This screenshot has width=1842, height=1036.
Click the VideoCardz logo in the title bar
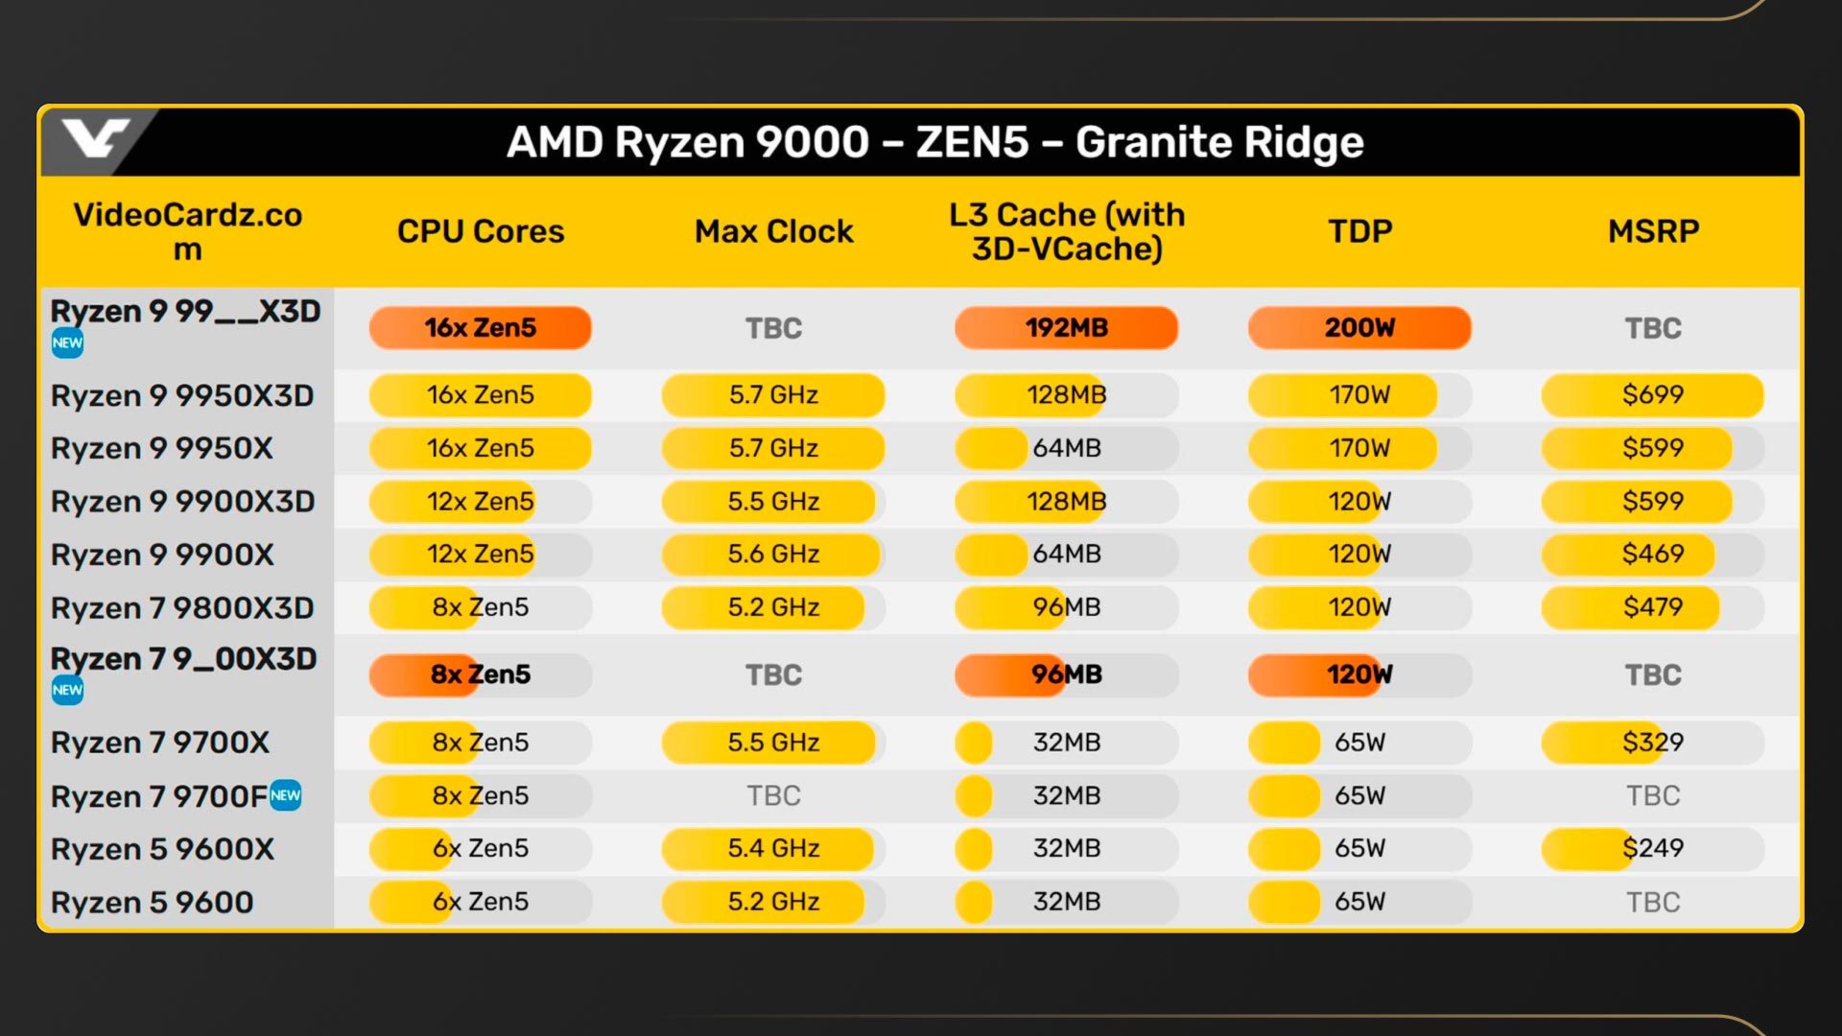tap(94, 140)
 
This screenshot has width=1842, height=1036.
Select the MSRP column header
tap(1653, 231)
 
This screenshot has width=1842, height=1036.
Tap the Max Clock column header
tap(773, 231)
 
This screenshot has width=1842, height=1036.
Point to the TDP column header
tap(1359, 231)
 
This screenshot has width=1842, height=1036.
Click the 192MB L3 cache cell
tap(1066, 328)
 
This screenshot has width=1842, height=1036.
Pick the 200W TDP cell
tap(1359, 328)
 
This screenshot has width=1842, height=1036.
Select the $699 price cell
tap(1652, 394)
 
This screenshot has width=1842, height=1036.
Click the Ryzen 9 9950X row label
tap(161, 448)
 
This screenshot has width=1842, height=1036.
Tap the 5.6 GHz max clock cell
tap(773, 553)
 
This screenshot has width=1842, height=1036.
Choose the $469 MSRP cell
tap(1652, 553)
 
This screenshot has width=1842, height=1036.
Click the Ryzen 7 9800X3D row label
tap(182, 608)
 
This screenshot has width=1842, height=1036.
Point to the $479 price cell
tap(1652, 607)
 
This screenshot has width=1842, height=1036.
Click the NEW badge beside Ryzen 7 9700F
tap(286, 795)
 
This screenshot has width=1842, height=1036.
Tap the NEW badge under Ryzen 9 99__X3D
tap(67, 343)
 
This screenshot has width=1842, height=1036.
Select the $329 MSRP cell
tap(1652, 742)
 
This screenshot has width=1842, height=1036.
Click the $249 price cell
tap(1652, 848)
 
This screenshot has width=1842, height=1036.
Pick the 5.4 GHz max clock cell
tap(773, 848)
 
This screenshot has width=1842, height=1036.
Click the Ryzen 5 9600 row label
tap(152, 903)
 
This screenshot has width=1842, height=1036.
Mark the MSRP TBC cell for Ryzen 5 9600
tap(1652, 902)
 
